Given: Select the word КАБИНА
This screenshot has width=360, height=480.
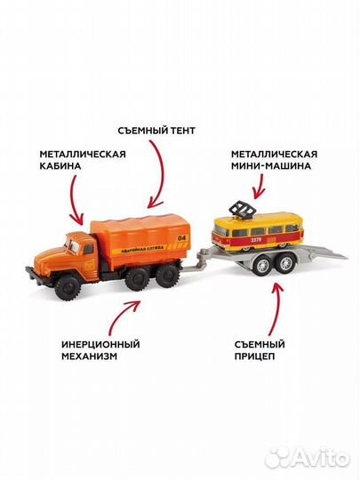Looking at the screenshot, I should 60,166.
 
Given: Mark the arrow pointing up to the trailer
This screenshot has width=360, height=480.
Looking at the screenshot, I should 276,302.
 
